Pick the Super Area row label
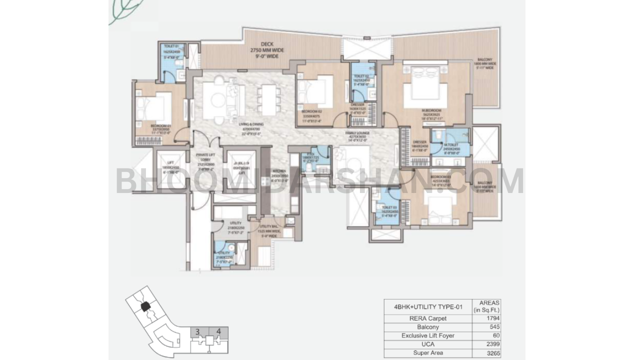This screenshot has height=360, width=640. click(427, 353)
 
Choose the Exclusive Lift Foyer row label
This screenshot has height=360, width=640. click(427, 335)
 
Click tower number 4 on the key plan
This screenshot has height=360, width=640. click(218, 331)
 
